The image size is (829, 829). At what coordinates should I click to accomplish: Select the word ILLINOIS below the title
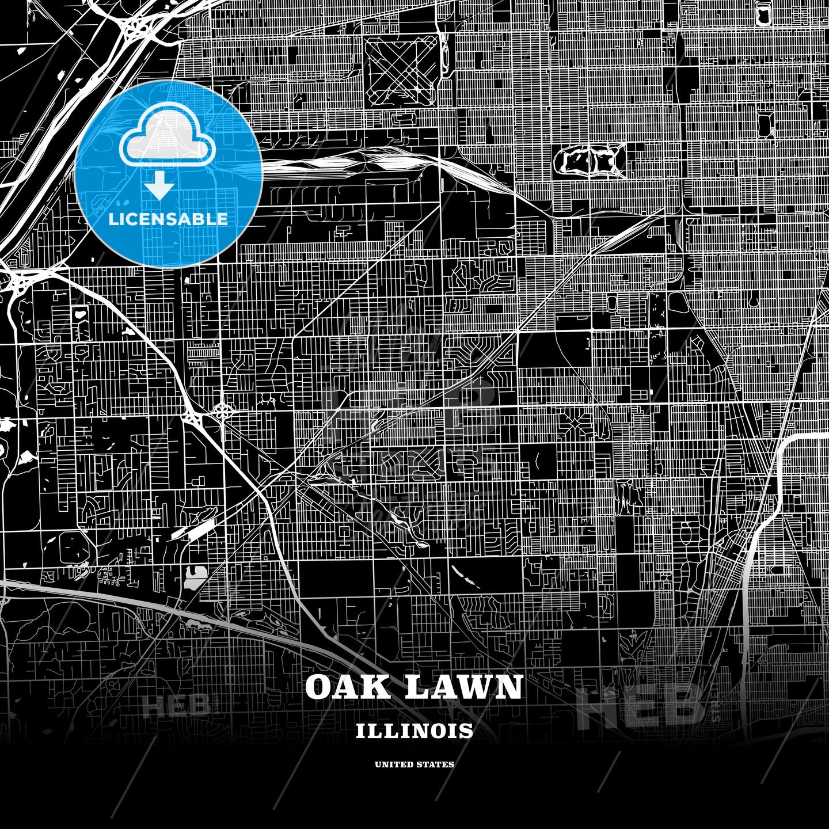tap(414, 731)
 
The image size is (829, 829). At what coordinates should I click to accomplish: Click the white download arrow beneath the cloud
tap(160, 186)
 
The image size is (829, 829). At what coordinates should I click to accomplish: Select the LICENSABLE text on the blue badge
tap(168, 219)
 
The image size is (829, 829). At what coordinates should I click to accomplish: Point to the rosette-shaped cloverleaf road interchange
tap(223, 410)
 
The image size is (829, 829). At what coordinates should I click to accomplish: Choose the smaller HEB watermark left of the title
tap(176, 706)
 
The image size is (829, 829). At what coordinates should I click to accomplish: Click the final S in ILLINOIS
tap(466, 731)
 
